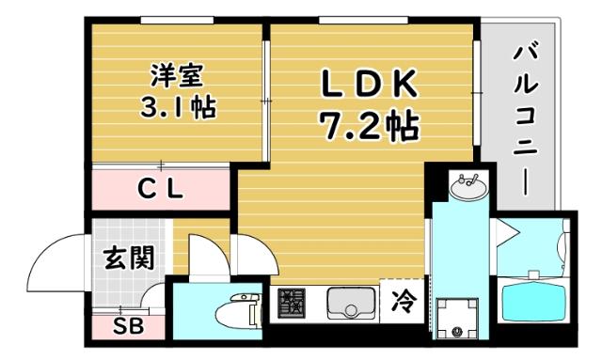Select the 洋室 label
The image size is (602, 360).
[178, 72]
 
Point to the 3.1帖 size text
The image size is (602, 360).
[178, 106]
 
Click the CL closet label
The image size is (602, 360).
[161, 189]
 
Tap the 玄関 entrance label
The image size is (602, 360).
[128, 256]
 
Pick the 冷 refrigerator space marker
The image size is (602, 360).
[402, 302]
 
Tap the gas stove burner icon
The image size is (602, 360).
[293, 303]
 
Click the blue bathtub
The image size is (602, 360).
[534, 302]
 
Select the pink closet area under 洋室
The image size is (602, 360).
[161, 189]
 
